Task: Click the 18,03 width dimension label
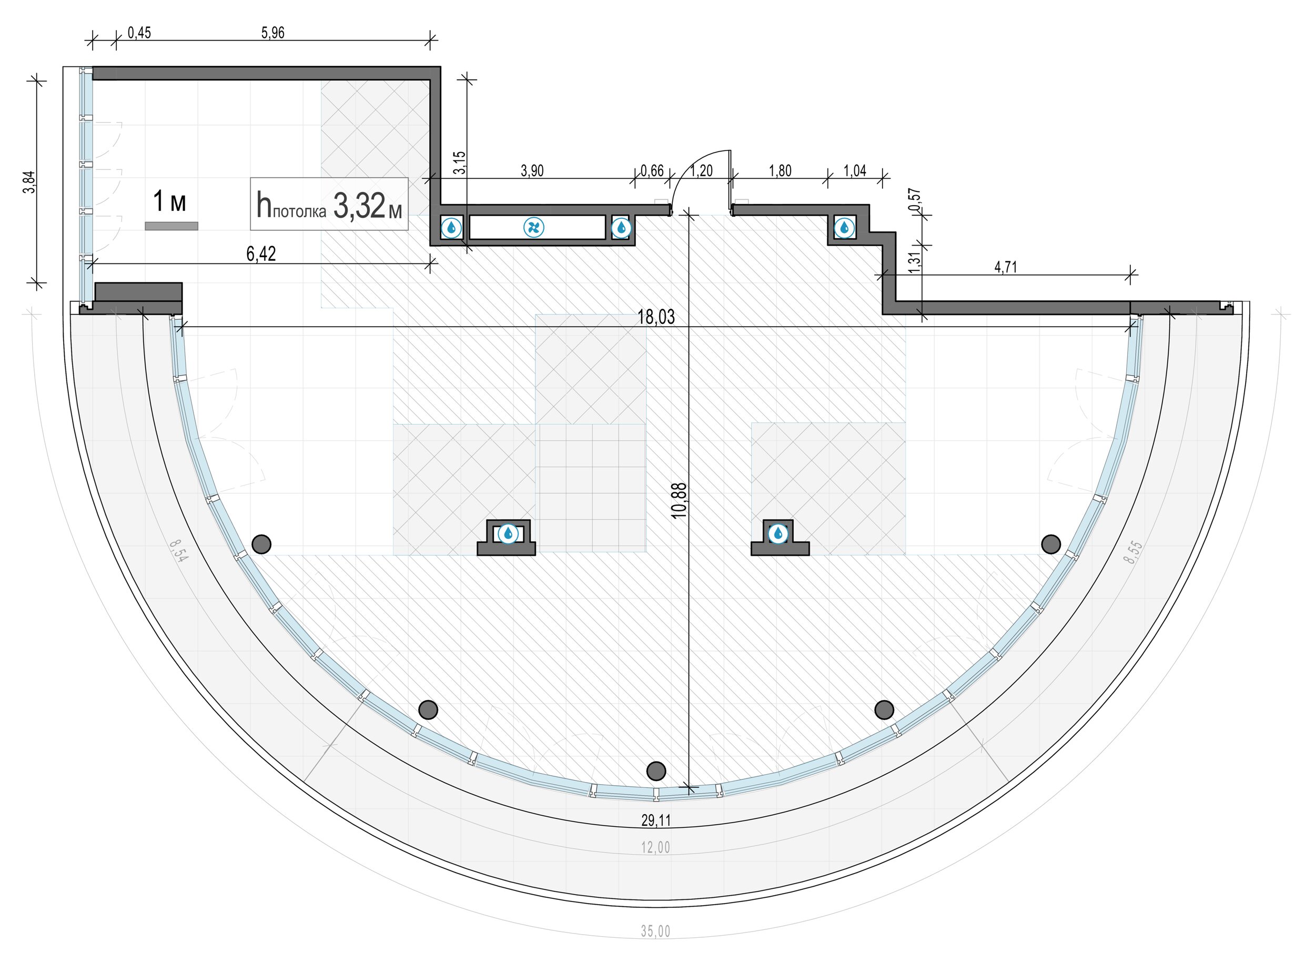pos(656,317)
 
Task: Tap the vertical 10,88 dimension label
pos(679,500)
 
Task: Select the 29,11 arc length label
pos(656,820)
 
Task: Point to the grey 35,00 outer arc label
pos(655,931)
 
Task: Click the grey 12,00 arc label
pos(655,847)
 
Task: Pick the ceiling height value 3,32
pos(359,206)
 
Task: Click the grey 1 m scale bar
pos(171,226)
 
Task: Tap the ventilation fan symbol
pos(533,227)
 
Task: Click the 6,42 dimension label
pos(261,254)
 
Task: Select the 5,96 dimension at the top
pos(272,33)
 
